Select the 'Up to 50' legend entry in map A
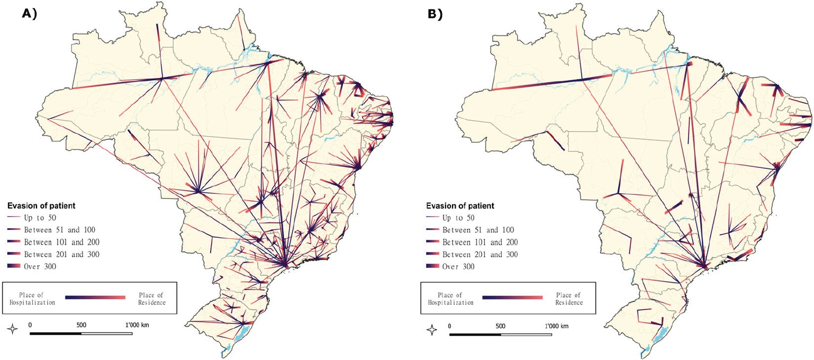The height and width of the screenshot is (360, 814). pyautogui.click(x=40, y=218)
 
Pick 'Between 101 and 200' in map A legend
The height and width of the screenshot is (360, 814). pyautogui.click(x=61, y=242)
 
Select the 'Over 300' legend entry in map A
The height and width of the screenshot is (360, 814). pyautogui.click(x=40, y=266)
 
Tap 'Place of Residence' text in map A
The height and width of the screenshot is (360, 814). pyautogui.click(x=151, y=298)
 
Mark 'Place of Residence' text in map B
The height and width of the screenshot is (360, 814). pyautogui.click(x=569, y=298)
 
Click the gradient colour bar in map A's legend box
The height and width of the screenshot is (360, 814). pyautogui.click(x=95, y=298)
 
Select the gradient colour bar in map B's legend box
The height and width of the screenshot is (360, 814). pyautogui.click(x=513, y=298)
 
